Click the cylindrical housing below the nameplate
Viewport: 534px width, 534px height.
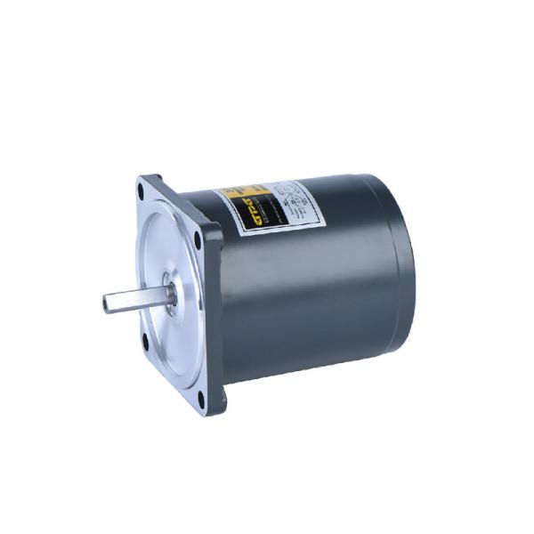coord(294,294)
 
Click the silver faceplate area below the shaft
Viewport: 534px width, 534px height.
coord(178,347)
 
